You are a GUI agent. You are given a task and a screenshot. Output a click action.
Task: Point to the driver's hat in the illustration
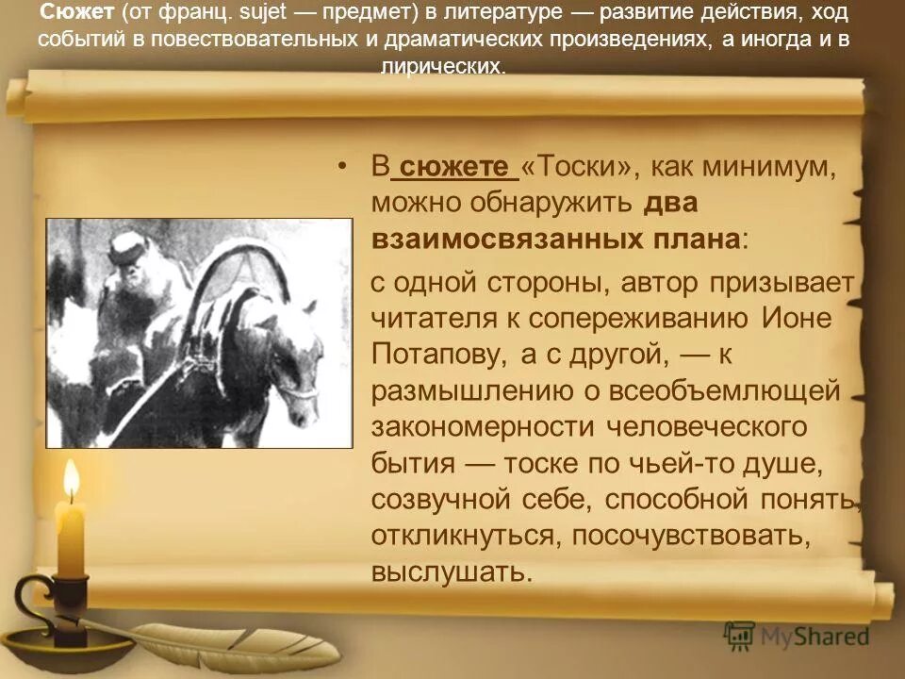click(x=127, y=248)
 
